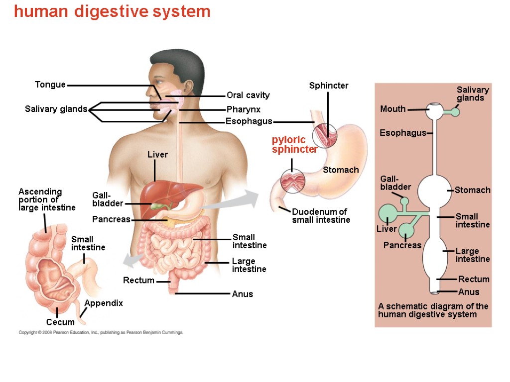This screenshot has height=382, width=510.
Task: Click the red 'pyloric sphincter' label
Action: [x=294, y=145]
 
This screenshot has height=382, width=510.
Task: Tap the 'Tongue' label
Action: [x=50, y=85]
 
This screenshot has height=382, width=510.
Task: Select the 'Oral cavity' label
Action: [x=248, y=95]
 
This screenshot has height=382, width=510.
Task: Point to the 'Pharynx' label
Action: [x=244, y=109]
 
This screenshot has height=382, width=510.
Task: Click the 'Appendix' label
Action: [x=104, y=303]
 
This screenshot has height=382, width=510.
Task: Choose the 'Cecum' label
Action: [x=60, y=322]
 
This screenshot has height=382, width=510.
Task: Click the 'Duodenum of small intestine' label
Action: [x=321, y=216]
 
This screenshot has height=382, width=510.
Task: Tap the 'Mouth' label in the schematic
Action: [x=393, y=109]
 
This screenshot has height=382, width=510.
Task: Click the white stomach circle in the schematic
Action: [x=433, y=191]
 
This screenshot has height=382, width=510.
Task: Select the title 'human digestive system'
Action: [x=112, y=11]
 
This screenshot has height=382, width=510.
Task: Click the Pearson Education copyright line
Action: [x=101, y=332]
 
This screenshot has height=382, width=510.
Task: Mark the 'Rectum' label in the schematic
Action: [x=474, y=279]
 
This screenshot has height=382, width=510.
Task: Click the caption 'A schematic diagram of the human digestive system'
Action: [x=433, y=310]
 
